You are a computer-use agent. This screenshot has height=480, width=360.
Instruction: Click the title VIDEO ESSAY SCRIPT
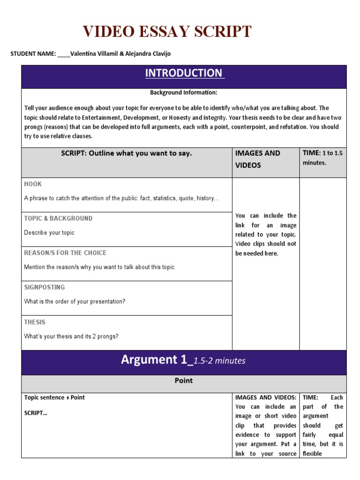click(167, 32)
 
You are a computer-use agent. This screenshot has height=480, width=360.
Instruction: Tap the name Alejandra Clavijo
click(147, 54)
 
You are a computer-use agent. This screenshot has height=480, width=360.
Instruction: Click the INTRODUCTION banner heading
click(184, 73)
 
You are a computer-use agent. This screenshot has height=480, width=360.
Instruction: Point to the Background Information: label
click(184, 93)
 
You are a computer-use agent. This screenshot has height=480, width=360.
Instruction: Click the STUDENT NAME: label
click(33, 54)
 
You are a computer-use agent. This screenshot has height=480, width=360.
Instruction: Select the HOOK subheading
click(33, 184)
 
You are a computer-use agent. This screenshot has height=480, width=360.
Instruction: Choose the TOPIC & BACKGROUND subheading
click(58, 218)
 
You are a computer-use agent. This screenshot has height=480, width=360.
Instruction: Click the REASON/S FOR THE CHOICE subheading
click(65, 253)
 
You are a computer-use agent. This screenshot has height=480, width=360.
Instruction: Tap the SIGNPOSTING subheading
click(45, 287)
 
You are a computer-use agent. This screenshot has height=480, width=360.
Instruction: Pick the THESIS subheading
click(35, 322)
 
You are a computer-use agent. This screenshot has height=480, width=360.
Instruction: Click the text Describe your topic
click(49, 233)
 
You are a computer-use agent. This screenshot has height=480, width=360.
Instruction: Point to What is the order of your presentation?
click(75, 302)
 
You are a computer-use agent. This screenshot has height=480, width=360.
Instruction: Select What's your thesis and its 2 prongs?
click(71, 337)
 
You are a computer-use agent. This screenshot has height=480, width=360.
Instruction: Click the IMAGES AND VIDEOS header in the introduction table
click(258, 159)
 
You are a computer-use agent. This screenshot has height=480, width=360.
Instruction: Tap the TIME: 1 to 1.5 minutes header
click(323, 158)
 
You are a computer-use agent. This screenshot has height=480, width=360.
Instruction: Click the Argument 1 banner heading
click(183, 360)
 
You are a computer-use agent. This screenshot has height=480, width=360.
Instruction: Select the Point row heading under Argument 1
click(184, 381)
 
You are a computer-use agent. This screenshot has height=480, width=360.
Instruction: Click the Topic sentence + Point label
click(54, 397)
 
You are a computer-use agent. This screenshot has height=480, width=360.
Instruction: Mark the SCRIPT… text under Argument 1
click(36, 413)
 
